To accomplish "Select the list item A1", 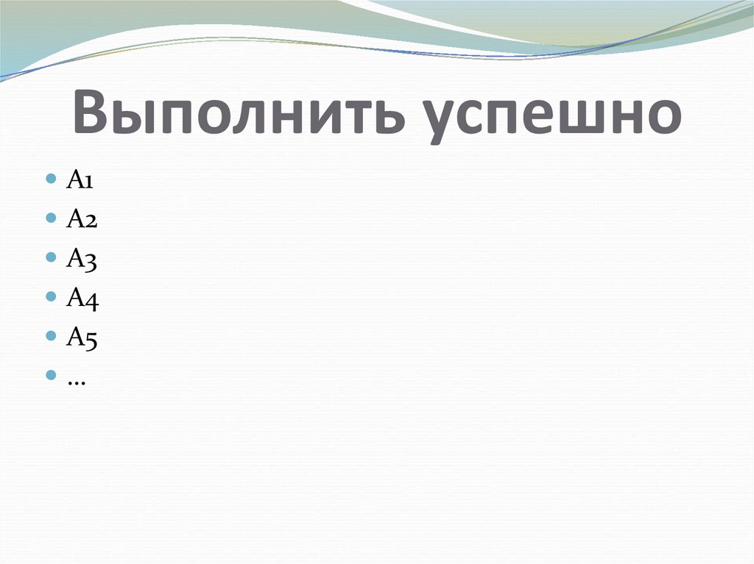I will coord(79,181).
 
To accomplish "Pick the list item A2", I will coord(80,219).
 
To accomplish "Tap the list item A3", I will coord(80,258).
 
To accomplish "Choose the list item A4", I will coord(80,297).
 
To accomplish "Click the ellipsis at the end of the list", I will coord(75,379).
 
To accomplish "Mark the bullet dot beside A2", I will coord(51,219).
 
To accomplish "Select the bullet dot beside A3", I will coord(51,258).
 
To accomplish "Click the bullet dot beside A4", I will coord(51,297).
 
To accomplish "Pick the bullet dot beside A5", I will coord(51,336).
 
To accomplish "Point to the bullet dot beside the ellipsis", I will coord(51,375).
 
